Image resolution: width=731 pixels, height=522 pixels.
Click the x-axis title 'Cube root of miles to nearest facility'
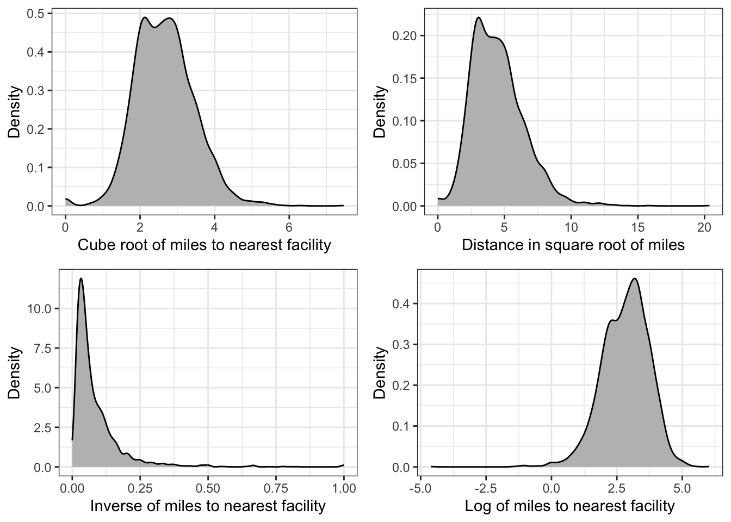click(204, 245)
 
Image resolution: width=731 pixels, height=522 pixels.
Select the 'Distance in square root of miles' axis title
click(573, 245)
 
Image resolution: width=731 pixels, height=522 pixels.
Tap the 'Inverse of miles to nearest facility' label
click(207, 506)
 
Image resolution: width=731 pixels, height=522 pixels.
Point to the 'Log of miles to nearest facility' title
click(569, 506)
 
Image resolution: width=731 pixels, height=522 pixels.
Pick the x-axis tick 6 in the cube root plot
click(289, 223)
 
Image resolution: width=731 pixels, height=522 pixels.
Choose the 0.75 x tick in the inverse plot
click(276, 484)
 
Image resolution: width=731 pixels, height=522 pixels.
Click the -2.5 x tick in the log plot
click(486, 484)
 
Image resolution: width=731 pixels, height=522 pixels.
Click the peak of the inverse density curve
click(81, 278)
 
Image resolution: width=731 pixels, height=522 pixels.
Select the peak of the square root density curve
click(479, 17)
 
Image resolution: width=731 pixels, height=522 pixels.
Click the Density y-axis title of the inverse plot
click(15, 373)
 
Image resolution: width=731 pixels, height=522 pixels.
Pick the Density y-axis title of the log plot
click(380, 373)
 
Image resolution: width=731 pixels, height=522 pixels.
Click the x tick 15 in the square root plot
click(637, 223)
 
